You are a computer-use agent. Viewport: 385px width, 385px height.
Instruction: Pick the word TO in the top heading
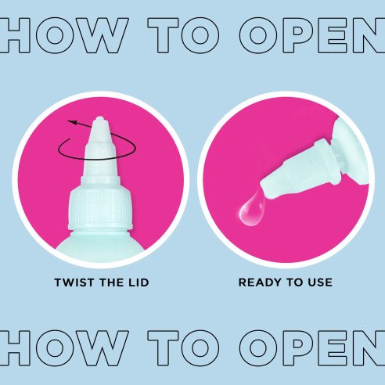click(184, 35)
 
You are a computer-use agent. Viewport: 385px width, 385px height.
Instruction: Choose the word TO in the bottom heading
click(184, 348)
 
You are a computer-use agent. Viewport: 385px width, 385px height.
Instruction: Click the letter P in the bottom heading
click(300, 348)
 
